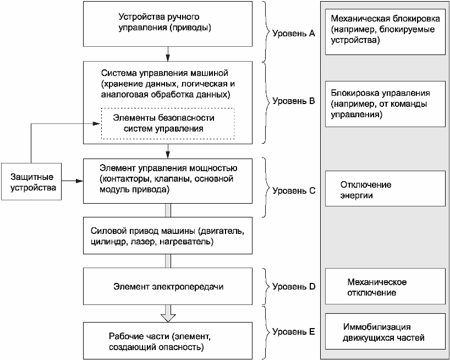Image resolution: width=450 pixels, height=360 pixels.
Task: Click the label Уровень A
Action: coord(293,33)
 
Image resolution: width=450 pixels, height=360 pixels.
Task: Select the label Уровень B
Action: coord(293,101)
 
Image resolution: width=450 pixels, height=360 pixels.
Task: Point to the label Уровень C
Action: coord(293,191)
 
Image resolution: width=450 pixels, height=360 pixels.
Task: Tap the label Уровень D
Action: coord(293,286)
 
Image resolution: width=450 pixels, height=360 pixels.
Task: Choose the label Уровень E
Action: coord(293,331)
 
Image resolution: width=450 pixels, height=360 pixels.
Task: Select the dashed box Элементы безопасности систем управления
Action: coord(168,123)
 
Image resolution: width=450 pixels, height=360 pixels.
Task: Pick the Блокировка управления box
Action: coord(385,104)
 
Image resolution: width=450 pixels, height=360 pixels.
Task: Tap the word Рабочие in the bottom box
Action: coord(122,336)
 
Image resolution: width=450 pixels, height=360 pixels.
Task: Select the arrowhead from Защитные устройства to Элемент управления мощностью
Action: coord(80,181)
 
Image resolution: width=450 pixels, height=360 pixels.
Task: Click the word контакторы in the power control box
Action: coord(123,179)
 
